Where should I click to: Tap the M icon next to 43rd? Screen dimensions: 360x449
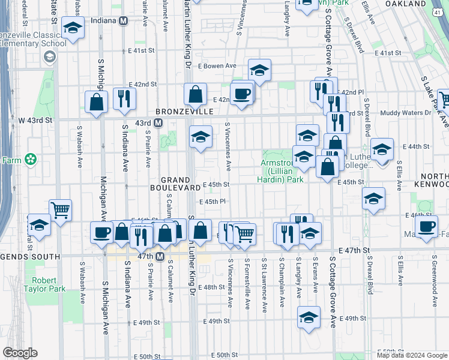158,123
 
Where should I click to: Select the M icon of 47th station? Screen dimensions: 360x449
160,257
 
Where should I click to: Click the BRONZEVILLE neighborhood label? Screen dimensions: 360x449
185,112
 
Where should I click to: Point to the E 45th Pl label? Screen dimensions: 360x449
212,202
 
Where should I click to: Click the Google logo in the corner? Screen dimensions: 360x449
20,353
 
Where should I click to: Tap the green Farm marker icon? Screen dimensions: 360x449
30,160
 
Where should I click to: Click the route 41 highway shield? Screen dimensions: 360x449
442,12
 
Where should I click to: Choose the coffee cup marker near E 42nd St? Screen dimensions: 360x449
241,94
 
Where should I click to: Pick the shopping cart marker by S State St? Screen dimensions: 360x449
60,210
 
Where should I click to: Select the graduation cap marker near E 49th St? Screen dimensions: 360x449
309,317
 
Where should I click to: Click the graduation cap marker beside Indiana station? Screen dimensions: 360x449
73,28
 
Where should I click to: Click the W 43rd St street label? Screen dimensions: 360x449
35,120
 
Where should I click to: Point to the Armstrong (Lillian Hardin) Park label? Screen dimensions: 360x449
282,171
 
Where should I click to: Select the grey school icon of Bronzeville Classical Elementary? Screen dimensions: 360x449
49,58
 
